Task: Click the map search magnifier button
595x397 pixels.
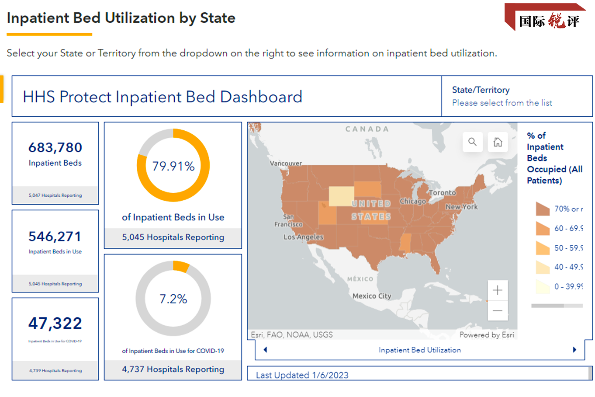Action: click(x=472, y=142)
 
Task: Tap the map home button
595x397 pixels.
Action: click(x=498, y=142)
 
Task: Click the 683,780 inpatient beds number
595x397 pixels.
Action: click(x=55, y=148)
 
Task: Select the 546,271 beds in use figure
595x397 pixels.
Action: click(x=55, y=237)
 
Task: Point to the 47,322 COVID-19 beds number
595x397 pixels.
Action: click(x=55, y=324)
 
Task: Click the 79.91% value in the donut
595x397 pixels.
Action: click(x=173, y=166)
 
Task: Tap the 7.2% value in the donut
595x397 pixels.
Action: click(x=173, y=299)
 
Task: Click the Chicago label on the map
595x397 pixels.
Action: click(x=413, y=201)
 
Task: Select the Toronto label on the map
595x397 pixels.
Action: click(x=442, y=192)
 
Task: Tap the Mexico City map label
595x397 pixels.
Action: click(x=372, y=296)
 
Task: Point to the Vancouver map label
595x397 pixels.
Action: click(x=286, y=163)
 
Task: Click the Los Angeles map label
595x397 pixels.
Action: click(x=303, y=237)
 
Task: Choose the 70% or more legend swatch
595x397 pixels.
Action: click(x=543, y=209)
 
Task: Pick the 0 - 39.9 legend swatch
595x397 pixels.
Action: click(x=543, y=286)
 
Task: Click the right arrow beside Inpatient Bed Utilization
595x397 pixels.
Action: click(x=574, y=350)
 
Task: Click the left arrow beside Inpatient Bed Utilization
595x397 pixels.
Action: click(x=265, y=350)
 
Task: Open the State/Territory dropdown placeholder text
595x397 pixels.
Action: click(x=502, y=103)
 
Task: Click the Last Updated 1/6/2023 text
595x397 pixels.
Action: click(x=302, y=375)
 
